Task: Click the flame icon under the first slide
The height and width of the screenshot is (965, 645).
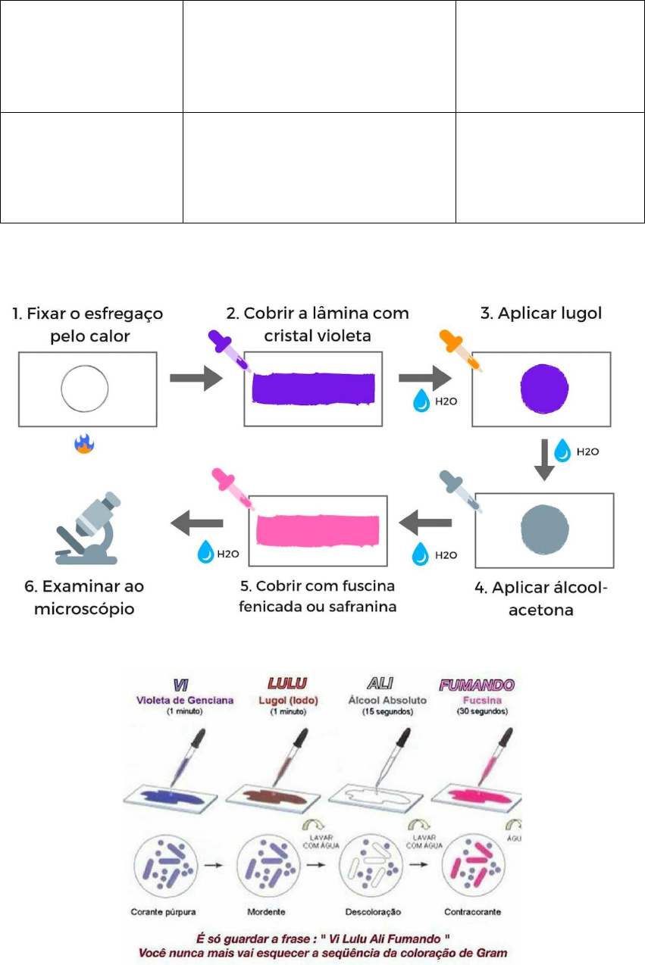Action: [x=84, y=443]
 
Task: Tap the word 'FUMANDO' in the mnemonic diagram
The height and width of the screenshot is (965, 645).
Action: [x=477, y=685]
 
